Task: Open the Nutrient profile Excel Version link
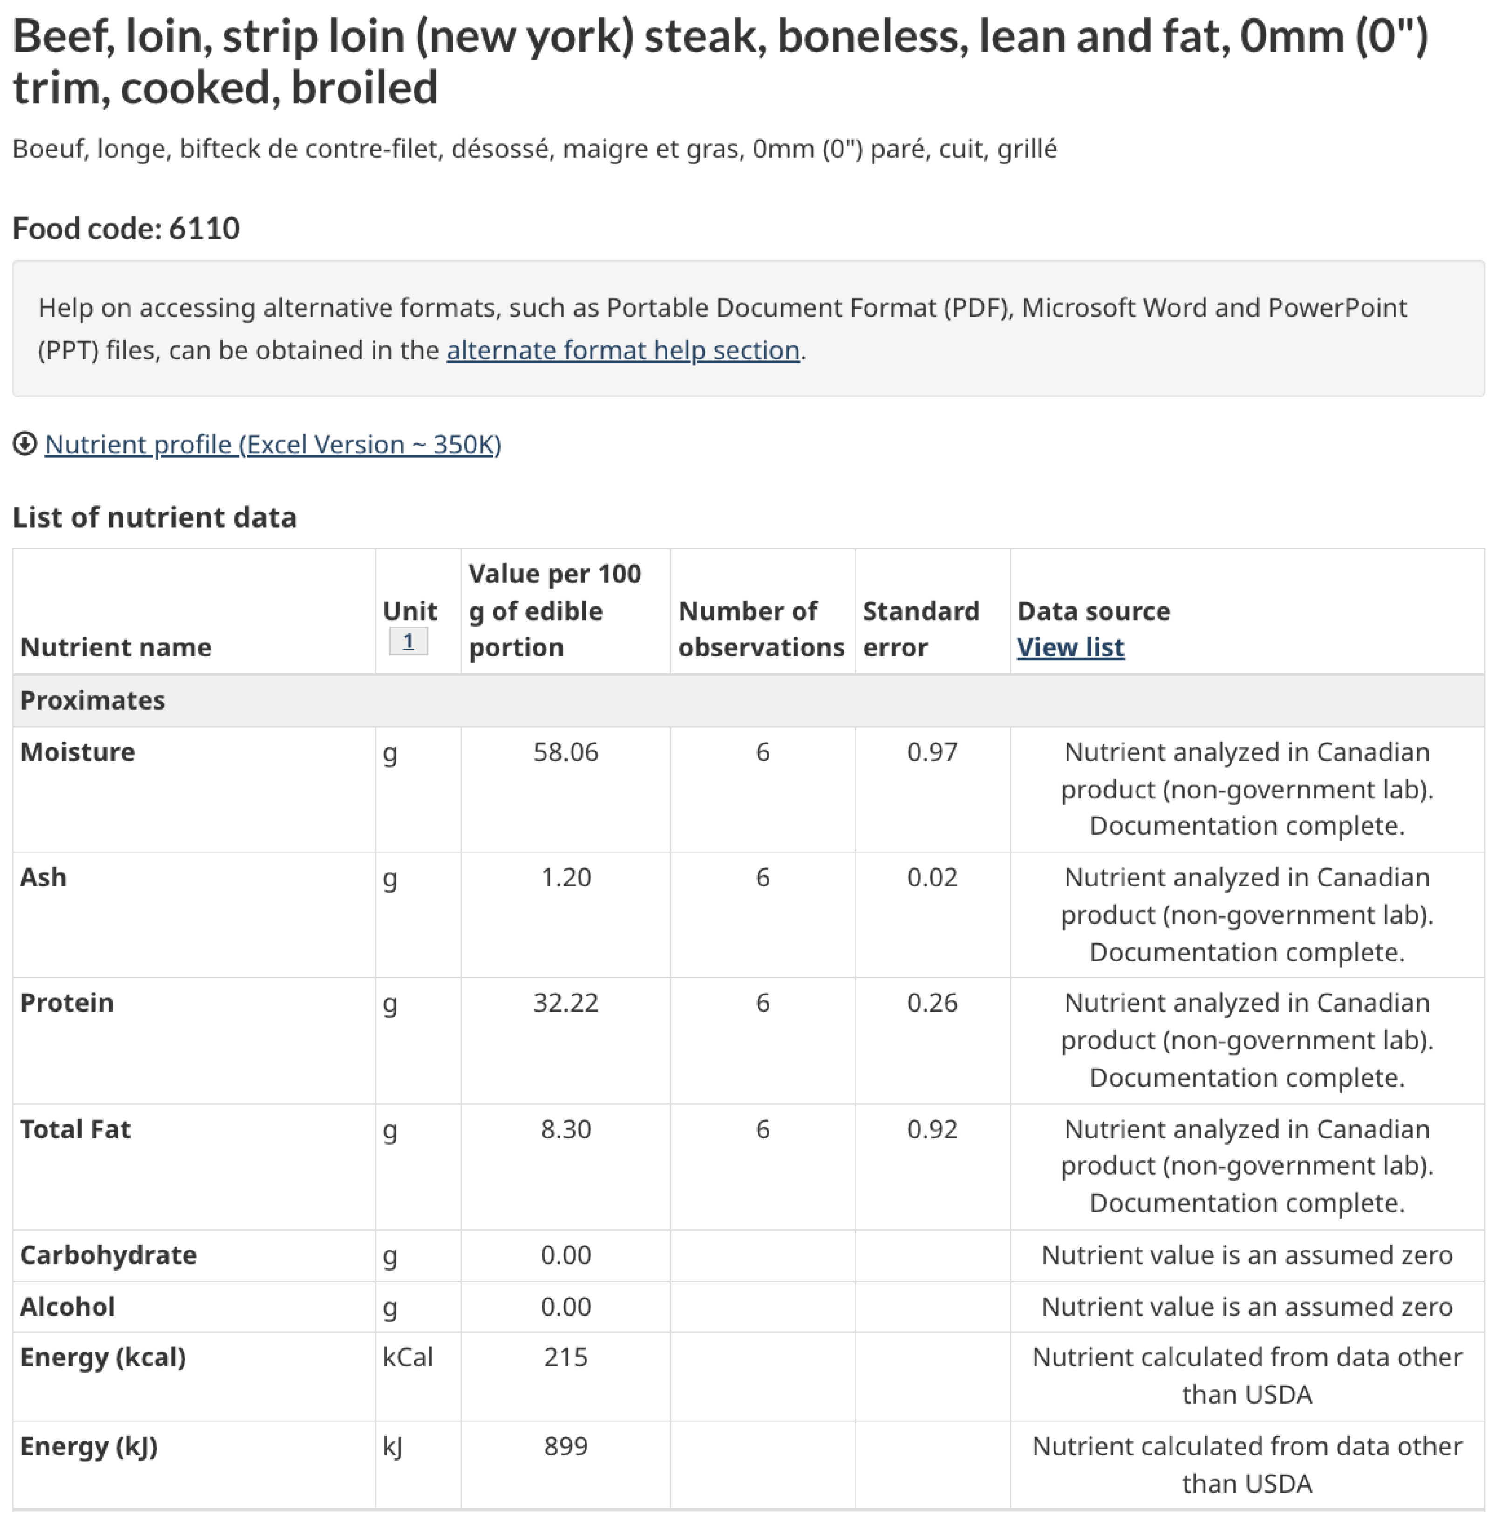tap(272, 445)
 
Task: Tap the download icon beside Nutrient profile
tap(24, 445)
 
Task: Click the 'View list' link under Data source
tap(1070, 647)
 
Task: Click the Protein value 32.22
tap(565, 1003)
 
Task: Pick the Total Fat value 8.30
tap(565, 1130)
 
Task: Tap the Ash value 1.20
tap(565, 878)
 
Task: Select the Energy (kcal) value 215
tap(565, 1358)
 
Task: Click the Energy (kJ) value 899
tap(565, 1447)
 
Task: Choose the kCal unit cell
tap(408, 1358)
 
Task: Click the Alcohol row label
tap(68, 1306)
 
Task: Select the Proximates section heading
tap(93, 700)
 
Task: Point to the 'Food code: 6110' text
tap(126, 228)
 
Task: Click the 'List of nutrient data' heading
tap(154, 518)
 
